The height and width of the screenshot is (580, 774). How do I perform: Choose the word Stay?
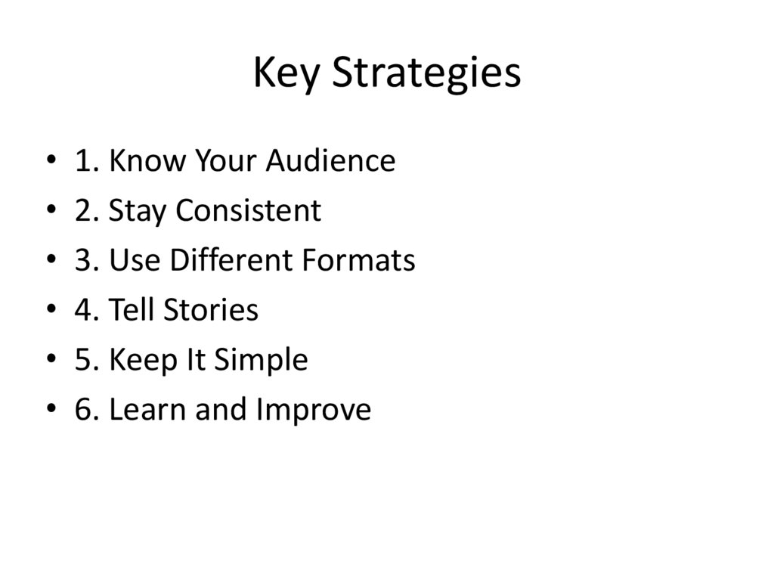(x=138, y=210)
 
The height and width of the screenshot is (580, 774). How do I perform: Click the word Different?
(x=231, y=260)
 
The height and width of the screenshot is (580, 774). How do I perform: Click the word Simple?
(x=261, y=360)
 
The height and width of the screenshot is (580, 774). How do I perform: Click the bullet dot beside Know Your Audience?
(x=51, y=162)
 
